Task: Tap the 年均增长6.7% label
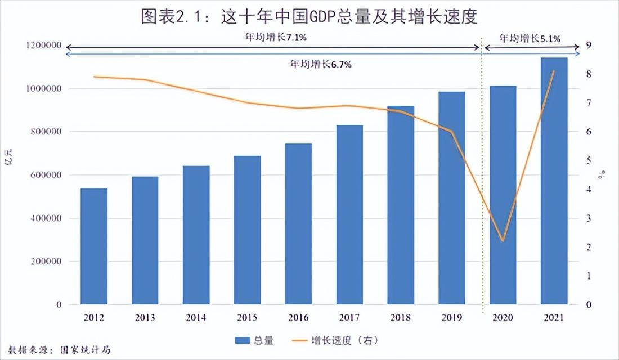(321, 64)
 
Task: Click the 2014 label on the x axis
(196, 318)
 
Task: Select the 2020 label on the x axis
(503, 318)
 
